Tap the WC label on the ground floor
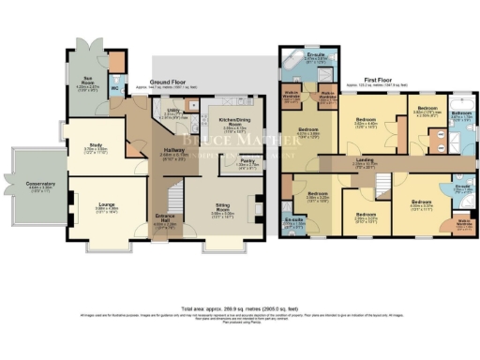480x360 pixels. (x=115, y=90)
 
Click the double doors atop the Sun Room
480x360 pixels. (x=90, y=46)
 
